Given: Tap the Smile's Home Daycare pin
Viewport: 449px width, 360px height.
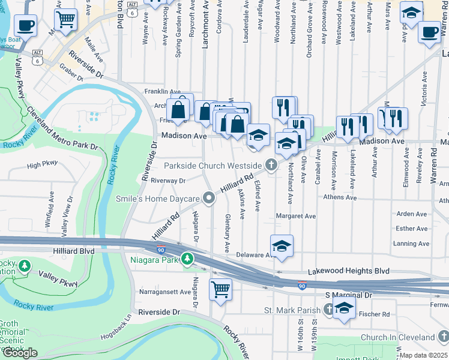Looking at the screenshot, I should tap(209, 198).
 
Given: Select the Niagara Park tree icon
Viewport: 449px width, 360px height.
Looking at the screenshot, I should tap(188, 259).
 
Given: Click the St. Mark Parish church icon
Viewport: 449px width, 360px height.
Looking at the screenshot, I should tap(328, 310).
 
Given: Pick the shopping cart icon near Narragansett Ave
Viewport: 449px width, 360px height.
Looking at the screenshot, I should tap(220, 289).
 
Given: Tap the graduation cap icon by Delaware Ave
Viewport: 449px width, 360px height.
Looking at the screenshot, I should tap(282, 245).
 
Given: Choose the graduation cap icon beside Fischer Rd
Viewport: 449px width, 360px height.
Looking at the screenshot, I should tap(345, 309).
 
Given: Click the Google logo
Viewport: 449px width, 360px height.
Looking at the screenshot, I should tap(20, 353).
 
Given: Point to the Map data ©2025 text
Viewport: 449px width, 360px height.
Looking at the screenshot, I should tap(423, 355).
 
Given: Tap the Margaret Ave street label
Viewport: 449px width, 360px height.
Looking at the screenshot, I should tap(295, 215).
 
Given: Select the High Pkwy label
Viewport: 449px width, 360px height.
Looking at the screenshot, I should tap(42, 164).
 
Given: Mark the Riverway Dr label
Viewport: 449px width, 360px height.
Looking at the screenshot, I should tap(168, 180).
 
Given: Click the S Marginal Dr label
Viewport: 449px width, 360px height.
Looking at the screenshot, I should tap(349, 295).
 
